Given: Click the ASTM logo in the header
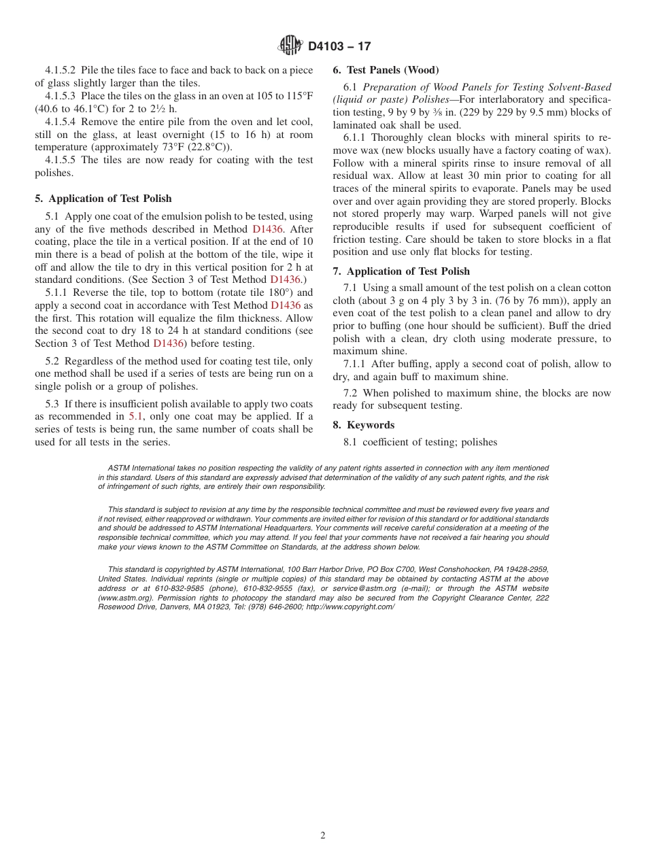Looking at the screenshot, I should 290,46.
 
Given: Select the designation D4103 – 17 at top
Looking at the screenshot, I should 339,46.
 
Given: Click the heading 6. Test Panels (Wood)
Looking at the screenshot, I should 386,69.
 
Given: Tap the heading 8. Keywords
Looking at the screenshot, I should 363,424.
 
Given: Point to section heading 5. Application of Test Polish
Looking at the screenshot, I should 103,199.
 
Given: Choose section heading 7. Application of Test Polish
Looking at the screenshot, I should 401,271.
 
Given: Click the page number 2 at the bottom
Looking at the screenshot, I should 323,836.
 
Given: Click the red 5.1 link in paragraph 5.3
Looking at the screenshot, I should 136,417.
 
